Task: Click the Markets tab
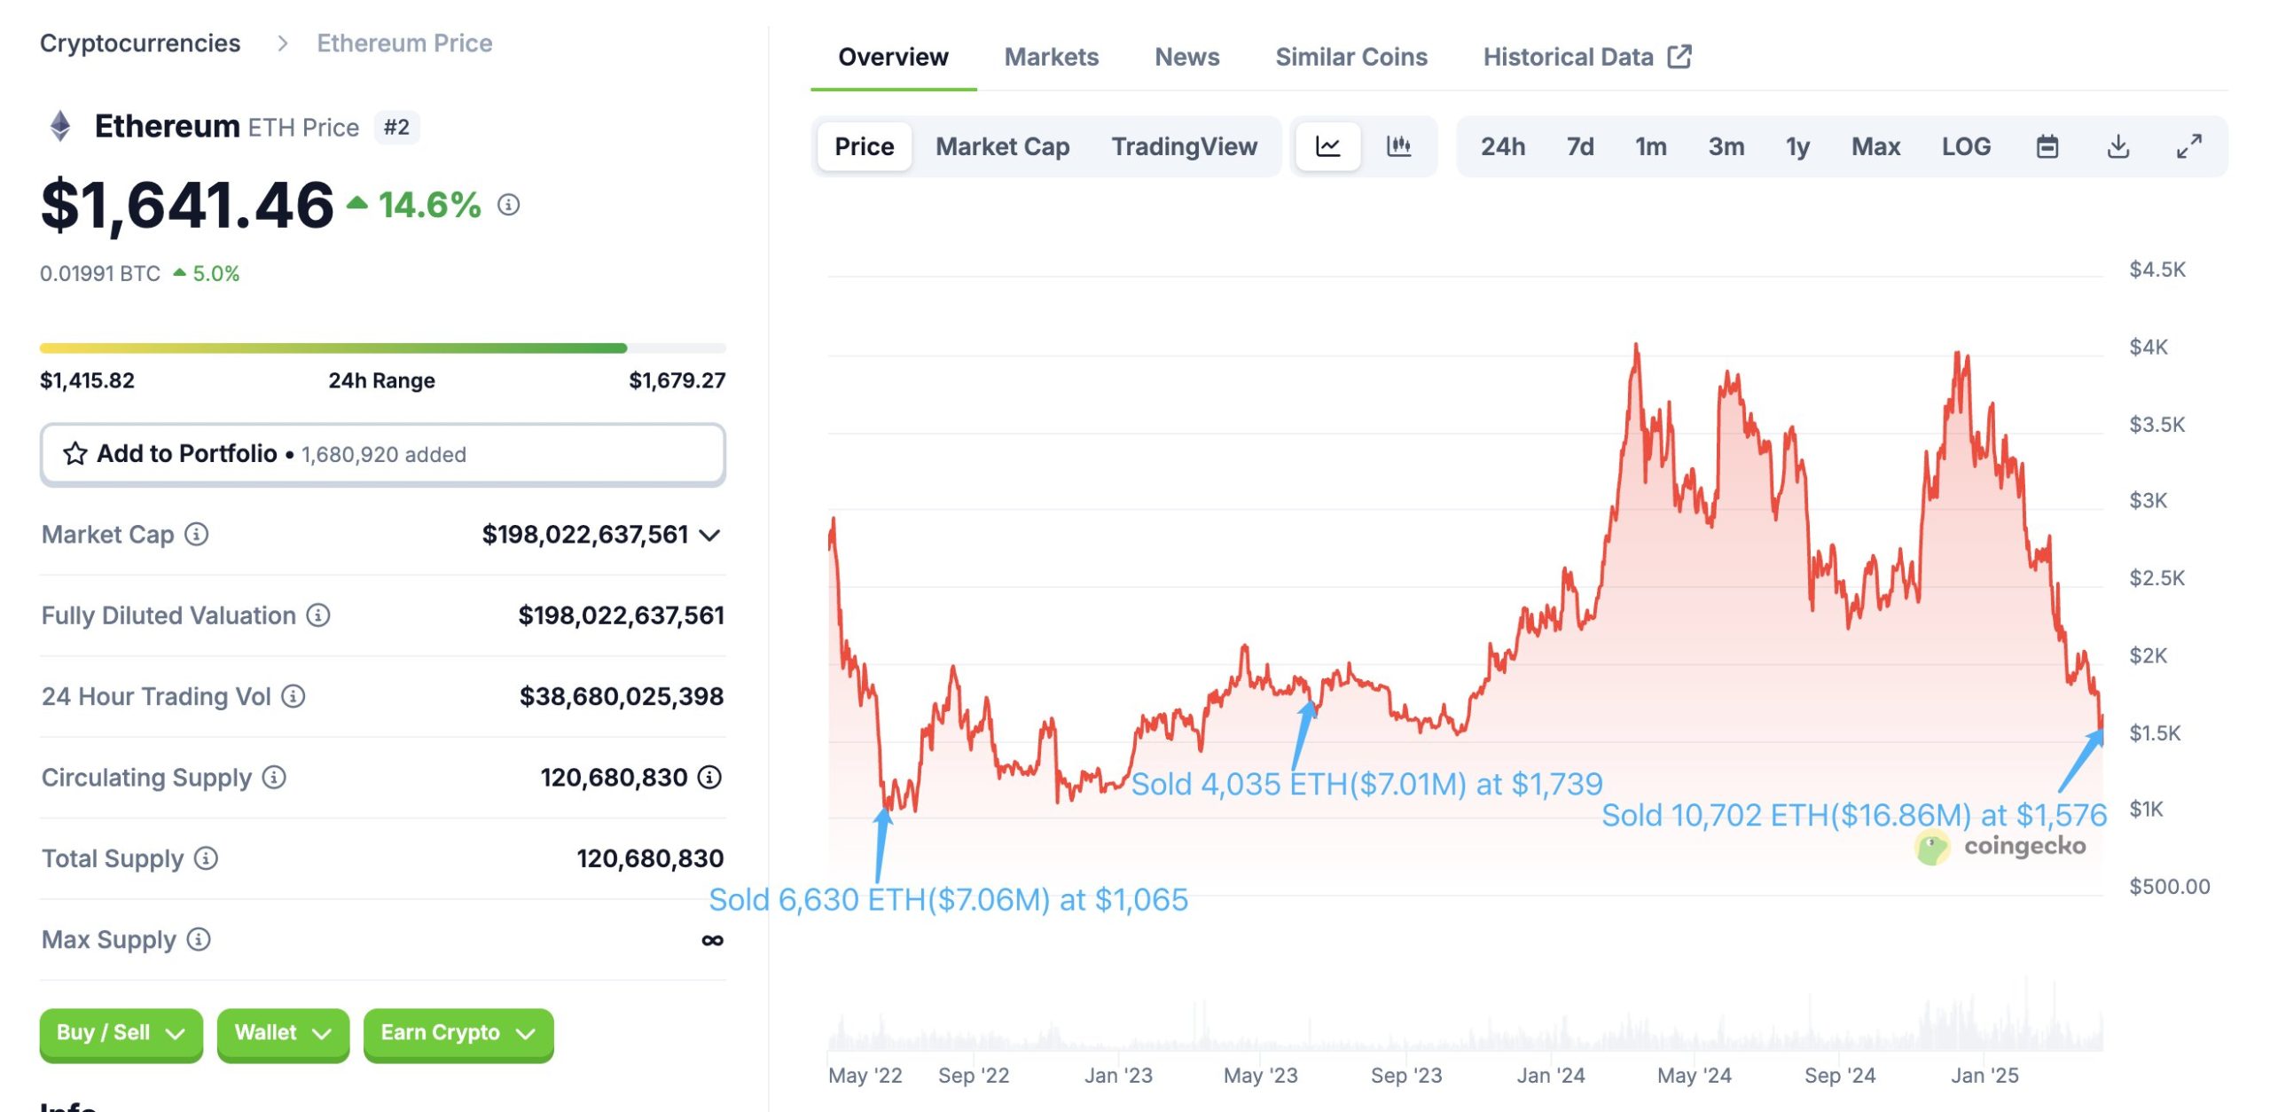1051,58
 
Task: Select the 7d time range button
1579,146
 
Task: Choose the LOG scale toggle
1965,146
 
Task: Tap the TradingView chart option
1184,146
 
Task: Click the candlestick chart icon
1398,146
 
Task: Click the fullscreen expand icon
2188,146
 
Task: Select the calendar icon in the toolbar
2047,146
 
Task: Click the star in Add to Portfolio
75,454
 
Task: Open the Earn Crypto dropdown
458,1033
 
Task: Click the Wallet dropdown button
282,1033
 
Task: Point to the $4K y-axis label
2148,347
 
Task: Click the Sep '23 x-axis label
1405,1076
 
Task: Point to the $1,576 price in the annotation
2061,815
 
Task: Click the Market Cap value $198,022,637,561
585,535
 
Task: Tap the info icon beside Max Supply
199,939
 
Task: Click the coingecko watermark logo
1931,847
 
